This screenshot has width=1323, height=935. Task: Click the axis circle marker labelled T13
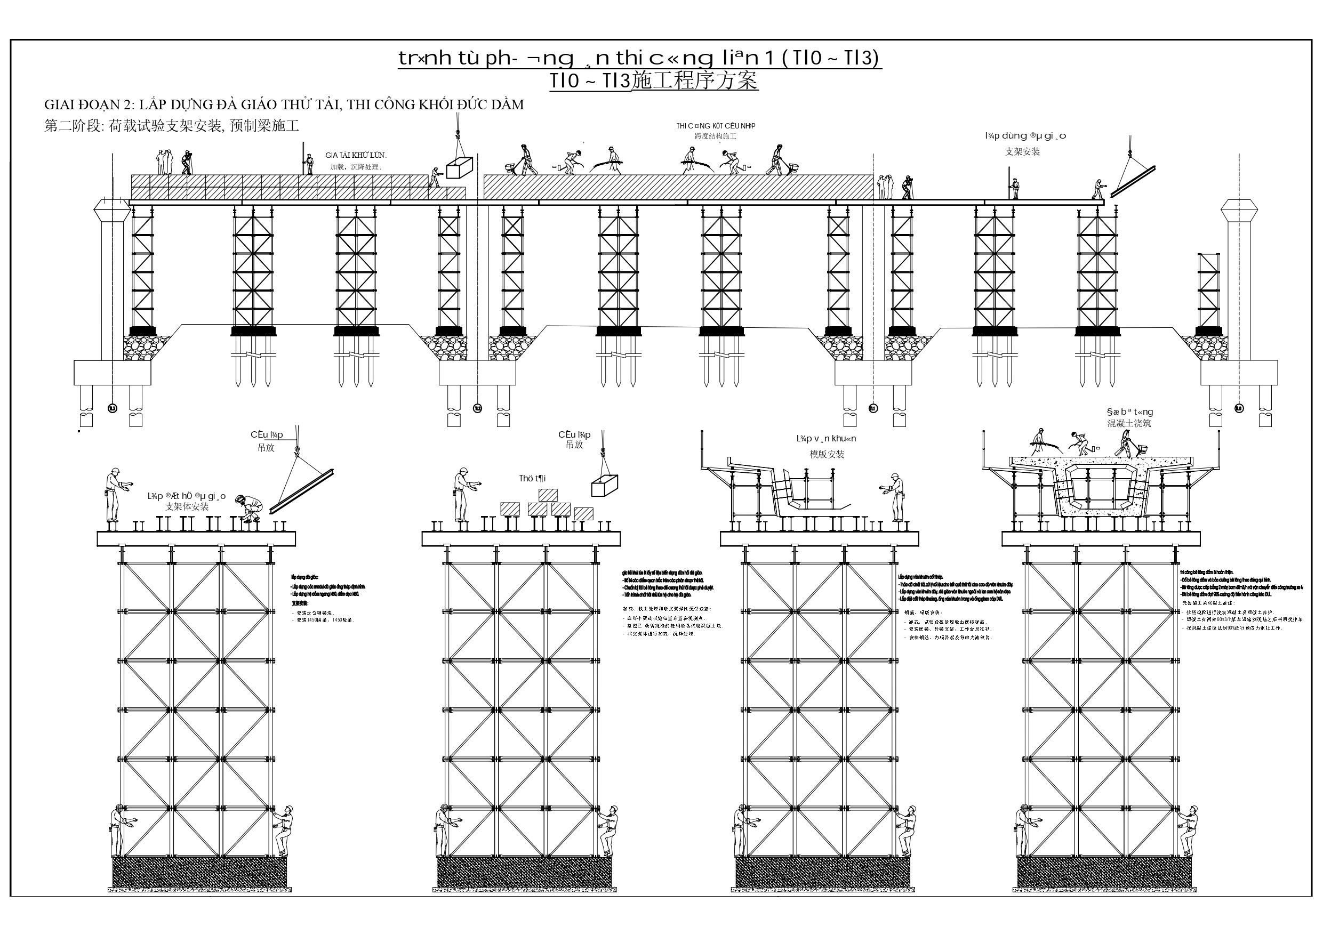[113, 408]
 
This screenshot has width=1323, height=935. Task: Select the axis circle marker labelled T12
[477, 408]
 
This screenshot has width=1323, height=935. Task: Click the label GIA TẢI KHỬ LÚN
[356, 155]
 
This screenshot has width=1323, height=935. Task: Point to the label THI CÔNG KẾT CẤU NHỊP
[716, 126]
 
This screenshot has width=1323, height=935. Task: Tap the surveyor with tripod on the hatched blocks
[186, 163]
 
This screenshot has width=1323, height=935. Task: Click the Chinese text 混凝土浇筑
[1129, 423]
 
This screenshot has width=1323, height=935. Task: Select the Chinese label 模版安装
[827, 455]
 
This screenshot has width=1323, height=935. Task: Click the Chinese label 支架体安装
[187, 507]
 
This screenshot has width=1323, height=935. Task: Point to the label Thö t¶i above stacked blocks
[532, 478]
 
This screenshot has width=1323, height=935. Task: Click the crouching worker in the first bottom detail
[250, 508]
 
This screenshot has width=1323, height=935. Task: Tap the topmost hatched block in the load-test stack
[548, 495]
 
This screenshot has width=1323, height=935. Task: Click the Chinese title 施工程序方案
[694, 80]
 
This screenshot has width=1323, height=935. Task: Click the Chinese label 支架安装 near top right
[1022, 151]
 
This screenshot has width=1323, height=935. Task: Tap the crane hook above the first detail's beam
[298, 451]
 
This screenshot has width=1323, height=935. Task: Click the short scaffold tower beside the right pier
[1208, 291]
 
